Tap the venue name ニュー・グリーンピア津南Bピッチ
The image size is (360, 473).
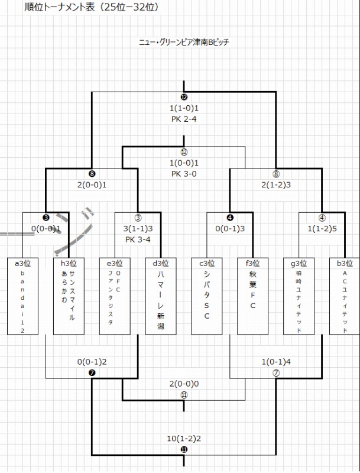tap(184, 42)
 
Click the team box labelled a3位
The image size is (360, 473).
tap(22, 296)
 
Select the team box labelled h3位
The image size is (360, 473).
tap(69, 296)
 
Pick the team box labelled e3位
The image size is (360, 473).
tap(115, 296)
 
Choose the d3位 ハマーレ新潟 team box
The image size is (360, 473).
tap(161, 296)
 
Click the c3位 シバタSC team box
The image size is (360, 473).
tap(207, 296)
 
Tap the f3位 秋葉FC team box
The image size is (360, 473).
tap(253, 296)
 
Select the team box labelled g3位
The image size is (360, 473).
tap(299, 296)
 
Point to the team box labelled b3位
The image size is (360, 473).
tap(345, 296)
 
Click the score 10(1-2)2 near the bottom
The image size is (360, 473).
tap(184, 439)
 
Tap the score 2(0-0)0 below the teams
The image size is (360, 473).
tap(184, 383)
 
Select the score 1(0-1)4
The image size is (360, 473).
tap(276, 361)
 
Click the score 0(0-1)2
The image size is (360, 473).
tap(92, 361)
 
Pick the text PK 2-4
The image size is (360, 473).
tap(184, 118)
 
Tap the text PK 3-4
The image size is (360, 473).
tap(138, 239)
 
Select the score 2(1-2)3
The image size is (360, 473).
tap(276, 184)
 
